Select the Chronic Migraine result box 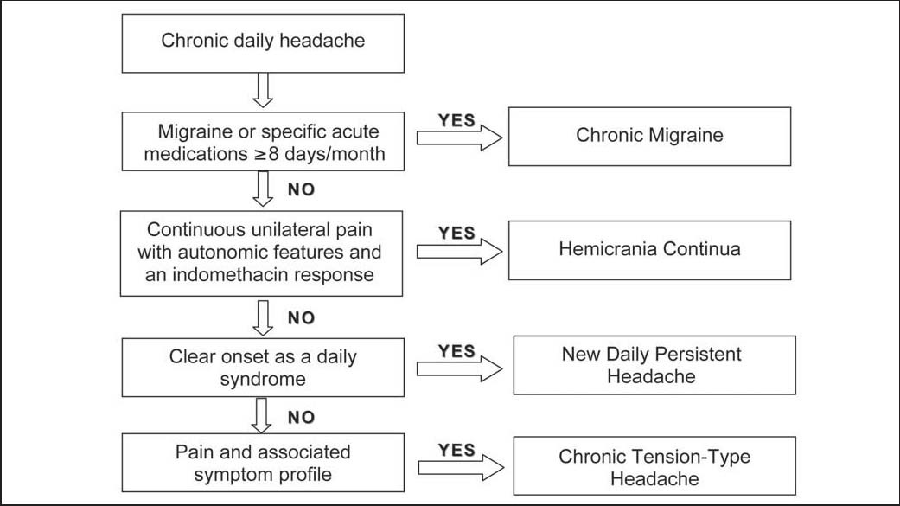tap(648, 136)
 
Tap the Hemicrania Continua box tap(648, 250)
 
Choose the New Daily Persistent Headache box tap(654, 366)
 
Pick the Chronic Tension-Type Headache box tap(654, 465)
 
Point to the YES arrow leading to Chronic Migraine tap(459, 137)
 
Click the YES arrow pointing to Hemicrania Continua tap(459, 251)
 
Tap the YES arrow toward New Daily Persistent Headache tap(459, 368)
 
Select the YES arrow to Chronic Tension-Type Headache tap(459, 467)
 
